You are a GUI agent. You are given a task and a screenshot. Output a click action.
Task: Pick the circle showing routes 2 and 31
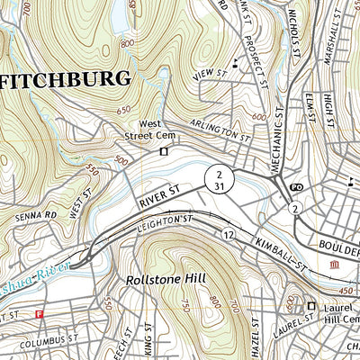(x=219, y=176)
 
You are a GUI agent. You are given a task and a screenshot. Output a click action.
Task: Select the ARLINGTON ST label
(x=220, y=130)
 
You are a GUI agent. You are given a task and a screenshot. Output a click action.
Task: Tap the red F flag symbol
(x=40, y=314)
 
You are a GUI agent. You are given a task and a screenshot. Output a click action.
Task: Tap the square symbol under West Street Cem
(x=163, y=152)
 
